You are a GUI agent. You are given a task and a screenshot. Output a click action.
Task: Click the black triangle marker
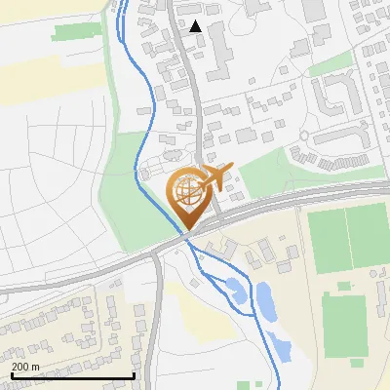pos(196,26)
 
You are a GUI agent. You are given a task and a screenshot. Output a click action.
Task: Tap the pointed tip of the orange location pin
pos(185,228)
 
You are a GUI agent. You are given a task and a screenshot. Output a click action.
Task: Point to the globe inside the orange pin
pos(185,191)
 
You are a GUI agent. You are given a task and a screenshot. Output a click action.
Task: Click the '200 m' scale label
pos(25,367)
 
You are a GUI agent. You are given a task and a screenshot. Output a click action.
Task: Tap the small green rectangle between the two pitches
pos(343,286)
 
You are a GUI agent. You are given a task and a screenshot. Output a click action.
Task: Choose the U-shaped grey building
pos(336,96)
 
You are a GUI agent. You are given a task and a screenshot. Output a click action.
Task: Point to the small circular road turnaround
pos(304,135)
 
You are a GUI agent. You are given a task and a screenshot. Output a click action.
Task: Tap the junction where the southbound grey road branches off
pos(158,255)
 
